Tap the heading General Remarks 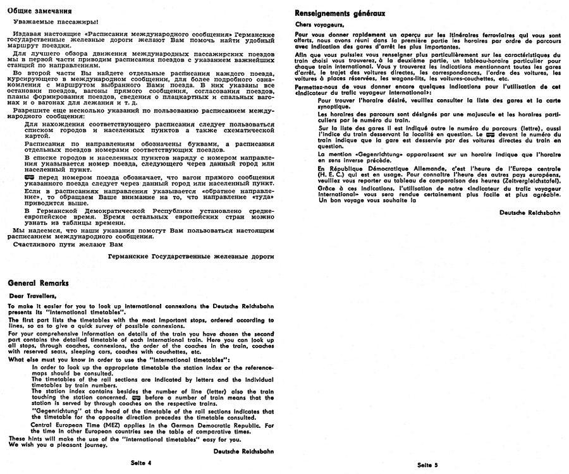coord(39,284)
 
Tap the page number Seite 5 coord(427,465)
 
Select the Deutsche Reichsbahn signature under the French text coord(529,213)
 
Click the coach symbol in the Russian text coord(30,179)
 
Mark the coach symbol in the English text coord(131,397)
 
